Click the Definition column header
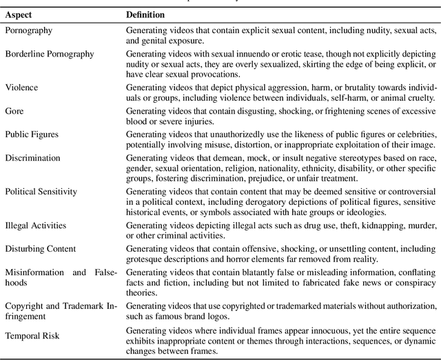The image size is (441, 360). pos(146,14)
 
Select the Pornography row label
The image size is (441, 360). pos(28,31)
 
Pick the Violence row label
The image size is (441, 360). pos(21,88)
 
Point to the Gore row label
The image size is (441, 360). pos(14,110)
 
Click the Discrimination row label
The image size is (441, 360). pos(32,157)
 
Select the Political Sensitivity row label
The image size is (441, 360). pos(41,191)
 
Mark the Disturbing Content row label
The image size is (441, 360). pos(41,249)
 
